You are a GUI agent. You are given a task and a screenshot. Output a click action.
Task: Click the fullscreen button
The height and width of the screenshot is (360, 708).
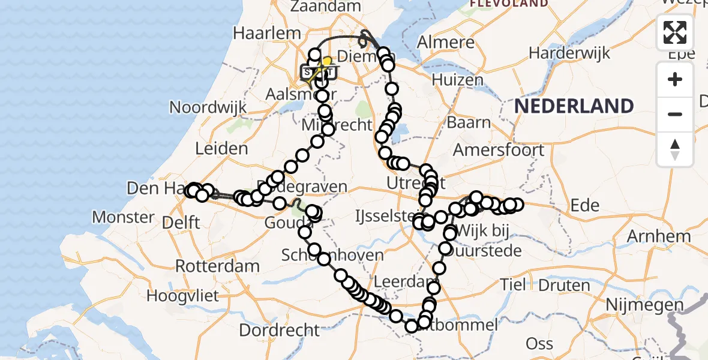(x=675, y=32)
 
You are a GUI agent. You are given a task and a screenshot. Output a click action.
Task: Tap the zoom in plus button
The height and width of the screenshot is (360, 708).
(x=675, y=79)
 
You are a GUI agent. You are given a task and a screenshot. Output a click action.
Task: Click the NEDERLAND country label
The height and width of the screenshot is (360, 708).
(x=574, y=106)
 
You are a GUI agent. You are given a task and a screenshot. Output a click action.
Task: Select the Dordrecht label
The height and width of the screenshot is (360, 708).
(x=280, y=330)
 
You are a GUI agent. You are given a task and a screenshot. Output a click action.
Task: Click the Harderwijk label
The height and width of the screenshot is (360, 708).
(x=569, y=53)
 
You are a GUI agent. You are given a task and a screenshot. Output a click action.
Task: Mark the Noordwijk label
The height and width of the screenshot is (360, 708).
(x=208, y=108)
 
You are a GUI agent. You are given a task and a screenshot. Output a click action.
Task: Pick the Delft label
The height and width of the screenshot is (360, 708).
(x=180, y=223)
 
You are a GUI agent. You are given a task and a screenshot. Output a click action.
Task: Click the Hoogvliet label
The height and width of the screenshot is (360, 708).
(x=185, y=296)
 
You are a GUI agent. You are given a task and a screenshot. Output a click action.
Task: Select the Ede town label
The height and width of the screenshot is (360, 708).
(x=585, y=206)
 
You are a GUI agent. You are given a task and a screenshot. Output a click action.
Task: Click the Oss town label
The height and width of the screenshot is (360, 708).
(x=539, y=343)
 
